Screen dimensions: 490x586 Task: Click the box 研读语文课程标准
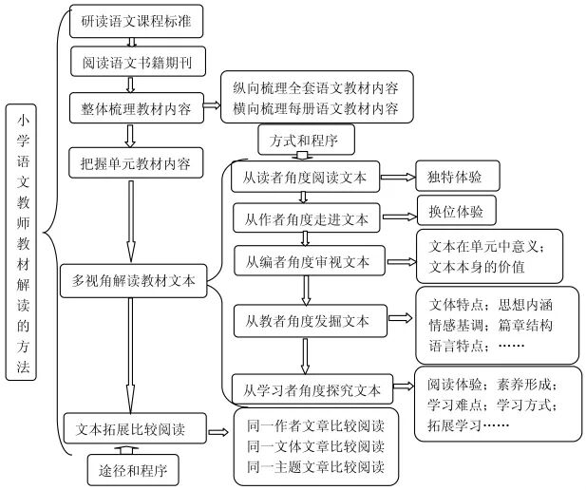(x=135, y=19)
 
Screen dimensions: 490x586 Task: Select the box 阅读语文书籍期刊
(x=135, y=63)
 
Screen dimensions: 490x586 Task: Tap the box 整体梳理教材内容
(x=135, y=108)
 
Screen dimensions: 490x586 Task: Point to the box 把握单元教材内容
(x=135, y=163)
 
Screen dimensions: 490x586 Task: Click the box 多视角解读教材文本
(x=133, y=281)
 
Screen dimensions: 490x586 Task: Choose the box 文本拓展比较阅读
(x=133, y=429)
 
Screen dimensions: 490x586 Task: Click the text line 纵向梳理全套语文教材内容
(x=315, y=88)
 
